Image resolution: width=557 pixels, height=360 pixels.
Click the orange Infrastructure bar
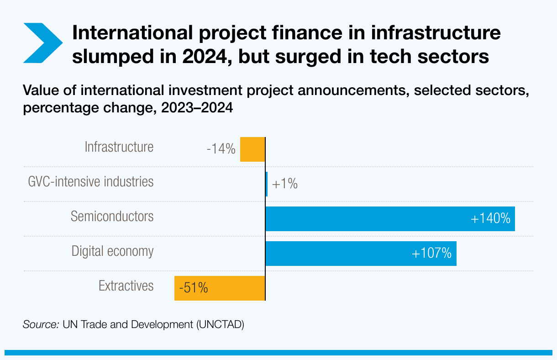coord(252,149)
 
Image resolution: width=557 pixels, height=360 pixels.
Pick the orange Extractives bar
coord(220,288)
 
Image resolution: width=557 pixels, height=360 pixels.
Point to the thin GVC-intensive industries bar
coord(267,184)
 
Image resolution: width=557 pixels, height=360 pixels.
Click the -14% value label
coord(221,149)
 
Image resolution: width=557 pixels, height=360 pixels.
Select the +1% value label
coord(285,184)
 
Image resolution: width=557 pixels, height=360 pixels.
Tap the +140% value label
coord(490,219)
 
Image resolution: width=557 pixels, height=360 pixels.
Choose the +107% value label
coord(431,253)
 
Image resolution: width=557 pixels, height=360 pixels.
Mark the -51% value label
coord(194,288)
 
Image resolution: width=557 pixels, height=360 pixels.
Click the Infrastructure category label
coord(119,147)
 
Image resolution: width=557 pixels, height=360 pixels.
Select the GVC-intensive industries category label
coord(91,181)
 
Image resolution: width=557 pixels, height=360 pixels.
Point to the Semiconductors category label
coord(112,216)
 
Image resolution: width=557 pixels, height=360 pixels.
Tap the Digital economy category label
coord(113,251)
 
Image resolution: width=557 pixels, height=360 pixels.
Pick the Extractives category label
coord(126,286)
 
